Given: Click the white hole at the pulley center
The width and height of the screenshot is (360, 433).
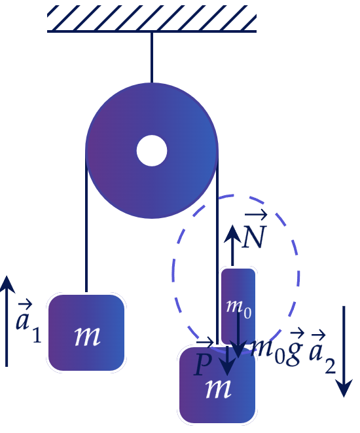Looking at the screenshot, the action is (152, 151).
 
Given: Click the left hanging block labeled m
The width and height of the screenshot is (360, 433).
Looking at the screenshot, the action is (86, 333).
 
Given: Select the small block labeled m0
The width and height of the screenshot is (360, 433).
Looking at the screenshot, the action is (238, 307).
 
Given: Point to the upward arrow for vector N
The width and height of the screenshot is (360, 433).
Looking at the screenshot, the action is (232, 245).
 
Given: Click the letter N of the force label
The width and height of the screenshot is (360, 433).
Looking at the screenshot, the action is (254, 237).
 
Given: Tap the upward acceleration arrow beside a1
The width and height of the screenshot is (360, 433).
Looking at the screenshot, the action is (7, 321).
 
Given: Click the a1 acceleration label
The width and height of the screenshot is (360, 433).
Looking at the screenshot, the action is (28, 322).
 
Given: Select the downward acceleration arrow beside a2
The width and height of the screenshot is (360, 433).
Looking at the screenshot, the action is (344, 351).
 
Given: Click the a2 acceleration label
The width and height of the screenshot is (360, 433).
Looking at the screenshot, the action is (322, 354).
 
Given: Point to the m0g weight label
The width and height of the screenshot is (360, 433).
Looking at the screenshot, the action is (278, 348).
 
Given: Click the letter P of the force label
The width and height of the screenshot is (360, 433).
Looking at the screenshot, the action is (203, 364).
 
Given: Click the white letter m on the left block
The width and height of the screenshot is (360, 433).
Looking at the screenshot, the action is (87, 336).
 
